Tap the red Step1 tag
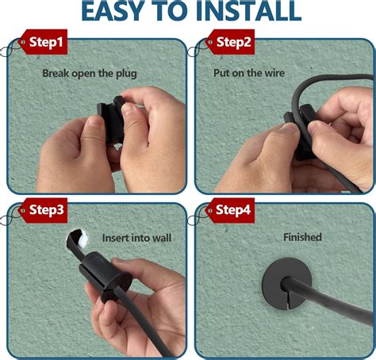point(43,42)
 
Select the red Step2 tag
point(230,42)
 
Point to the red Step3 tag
point(43,210)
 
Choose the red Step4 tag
point(230,210)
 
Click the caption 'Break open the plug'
point(90,74)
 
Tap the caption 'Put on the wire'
point(249,73)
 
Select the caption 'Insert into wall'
point(136,238)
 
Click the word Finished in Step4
point(302,237)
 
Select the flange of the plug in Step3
point(116,288)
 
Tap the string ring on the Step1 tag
point(6,52)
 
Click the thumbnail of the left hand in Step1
point(93,121)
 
